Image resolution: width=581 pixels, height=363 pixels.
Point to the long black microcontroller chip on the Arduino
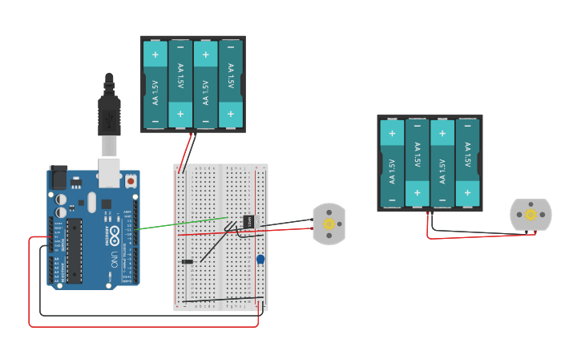74,251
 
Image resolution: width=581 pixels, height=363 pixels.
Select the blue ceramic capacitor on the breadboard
260,259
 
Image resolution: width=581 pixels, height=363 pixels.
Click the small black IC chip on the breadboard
248,222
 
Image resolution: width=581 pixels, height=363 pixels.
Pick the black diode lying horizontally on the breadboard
188,261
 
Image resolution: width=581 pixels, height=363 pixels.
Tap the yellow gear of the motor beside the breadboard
329,224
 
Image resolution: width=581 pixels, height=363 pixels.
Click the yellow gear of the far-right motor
531,215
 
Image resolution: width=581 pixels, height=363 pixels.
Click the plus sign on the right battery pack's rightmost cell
468,192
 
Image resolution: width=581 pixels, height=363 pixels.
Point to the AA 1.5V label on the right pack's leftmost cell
392,171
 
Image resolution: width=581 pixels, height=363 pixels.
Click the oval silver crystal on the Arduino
92,201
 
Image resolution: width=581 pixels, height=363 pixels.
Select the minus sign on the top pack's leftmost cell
155,121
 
